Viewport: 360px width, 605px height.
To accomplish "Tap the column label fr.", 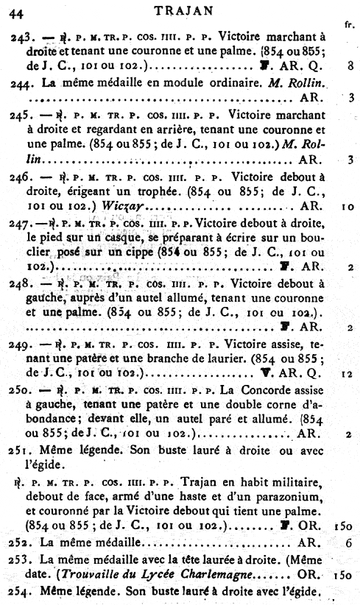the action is coord(347,24).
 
